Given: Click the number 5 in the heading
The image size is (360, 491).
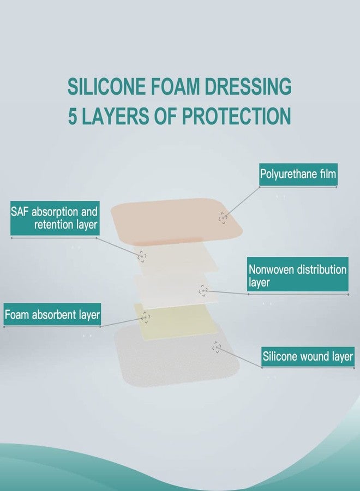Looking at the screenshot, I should [73, 116].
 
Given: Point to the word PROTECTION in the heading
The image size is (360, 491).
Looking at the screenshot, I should [236, 116].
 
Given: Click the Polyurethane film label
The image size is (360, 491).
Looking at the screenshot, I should [298, 175].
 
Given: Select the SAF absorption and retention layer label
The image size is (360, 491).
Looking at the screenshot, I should [54, 218].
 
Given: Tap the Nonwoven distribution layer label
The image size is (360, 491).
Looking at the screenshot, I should [297, 276].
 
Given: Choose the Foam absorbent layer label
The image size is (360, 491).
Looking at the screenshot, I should [52, 315].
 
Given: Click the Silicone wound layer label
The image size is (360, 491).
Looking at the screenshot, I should [308, 357].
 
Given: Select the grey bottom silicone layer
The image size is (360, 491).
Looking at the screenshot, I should [164, 360].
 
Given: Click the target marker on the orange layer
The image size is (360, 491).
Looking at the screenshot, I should [223, 218].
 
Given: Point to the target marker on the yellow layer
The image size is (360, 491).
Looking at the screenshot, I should [146, 317].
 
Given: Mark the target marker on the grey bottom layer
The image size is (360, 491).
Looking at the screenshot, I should [217, 346].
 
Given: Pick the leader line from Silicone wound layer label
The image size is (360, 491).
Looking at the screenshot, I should [240, 358].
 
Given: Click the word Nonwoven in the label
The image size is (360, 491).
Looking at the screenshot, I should [275, 270].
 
